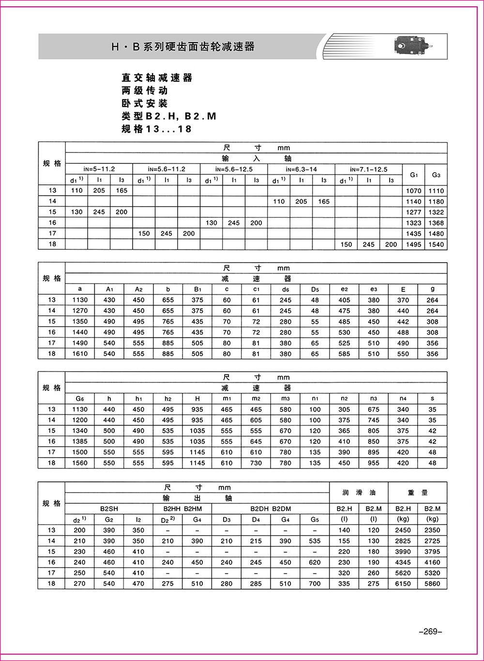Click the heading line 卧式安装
(144, 104)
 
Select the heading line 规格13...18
(156, 129)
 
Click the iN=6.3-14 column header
(301, 169)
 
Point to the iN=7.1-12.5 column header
(368, 169)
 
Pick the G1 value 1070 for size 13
(413, 191)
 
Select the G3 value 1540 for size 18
(436, 244)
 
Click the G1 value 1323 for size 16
(413, 223)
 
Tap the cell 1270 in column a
(80, 311)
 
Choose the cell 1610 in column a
(80, 354)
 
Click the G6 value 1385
(80, 441)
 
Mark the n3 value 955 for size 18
(374, 463)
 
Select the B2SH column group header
(109, 509)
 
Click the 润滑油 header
(359, 493)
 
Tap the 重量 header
(418, 493)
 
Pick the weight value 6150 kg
(403, 584)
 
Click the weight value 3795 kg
(432, 552)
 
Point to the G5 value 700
(315, 584)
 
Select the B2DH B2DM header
(271, 509)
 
